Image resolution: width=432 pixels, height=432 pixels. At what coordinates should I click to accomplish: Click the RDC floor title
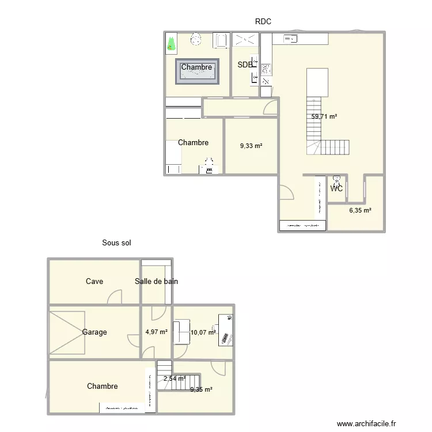click(263, 22)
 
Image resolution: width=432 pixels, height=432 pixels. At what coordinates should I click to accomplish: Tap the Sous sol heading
click(117, 243)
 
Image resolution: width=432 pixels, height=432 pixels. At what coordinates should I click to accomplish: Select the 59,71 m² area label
click(324, 116)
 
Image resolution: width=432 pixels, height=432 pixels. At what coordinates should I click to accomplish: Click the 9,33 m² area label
click(251, 146)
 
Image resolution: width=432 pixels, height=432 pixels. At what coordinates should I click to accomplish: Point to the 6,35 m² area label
click(360, 211)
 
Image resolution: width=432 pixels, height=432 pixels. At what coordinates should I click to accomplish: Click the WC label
click(337, 188)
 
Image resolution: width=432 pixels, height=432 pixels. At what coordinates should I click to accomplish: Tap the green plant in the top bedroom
click(171, 43)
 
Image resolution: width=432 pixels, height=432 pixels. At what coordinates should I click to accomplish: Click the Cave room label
click(94, 282)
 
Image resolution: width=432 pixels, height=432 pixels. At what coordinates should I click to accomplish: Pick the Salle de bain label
click(157, 282)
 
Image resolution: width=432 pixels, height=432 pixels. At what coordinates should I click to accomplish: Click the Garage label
click(94, 332)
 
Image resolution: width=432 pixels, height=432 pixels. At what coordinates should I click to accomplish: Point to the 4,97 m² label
click(157, 332)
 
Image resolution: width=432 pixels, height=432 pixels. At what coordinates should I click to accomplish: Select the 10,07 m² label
click(203, 332)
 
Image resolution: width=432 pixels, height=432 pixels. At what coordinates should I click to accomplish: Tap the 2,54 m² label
click(175, 379)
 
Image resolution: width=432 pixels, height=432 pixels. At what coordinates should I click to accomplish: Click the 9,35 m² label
click(201, 390)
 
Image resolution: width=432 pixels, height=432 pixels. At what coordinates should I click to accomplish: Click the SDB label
click(245, 65)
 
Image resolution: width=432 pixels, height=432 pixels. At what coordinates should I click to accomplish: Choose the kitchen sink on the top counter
click(290, 39)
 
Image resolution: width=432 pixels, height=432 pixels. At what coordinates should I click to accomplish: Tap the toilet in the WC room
click(336, 180)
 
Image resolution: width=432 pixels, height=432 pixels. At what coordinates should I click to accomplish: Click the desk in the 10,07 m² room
click(226, 330)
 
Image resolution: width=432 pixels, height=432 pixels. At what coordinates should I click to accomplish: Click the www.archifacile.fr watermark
click(367, 424)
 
